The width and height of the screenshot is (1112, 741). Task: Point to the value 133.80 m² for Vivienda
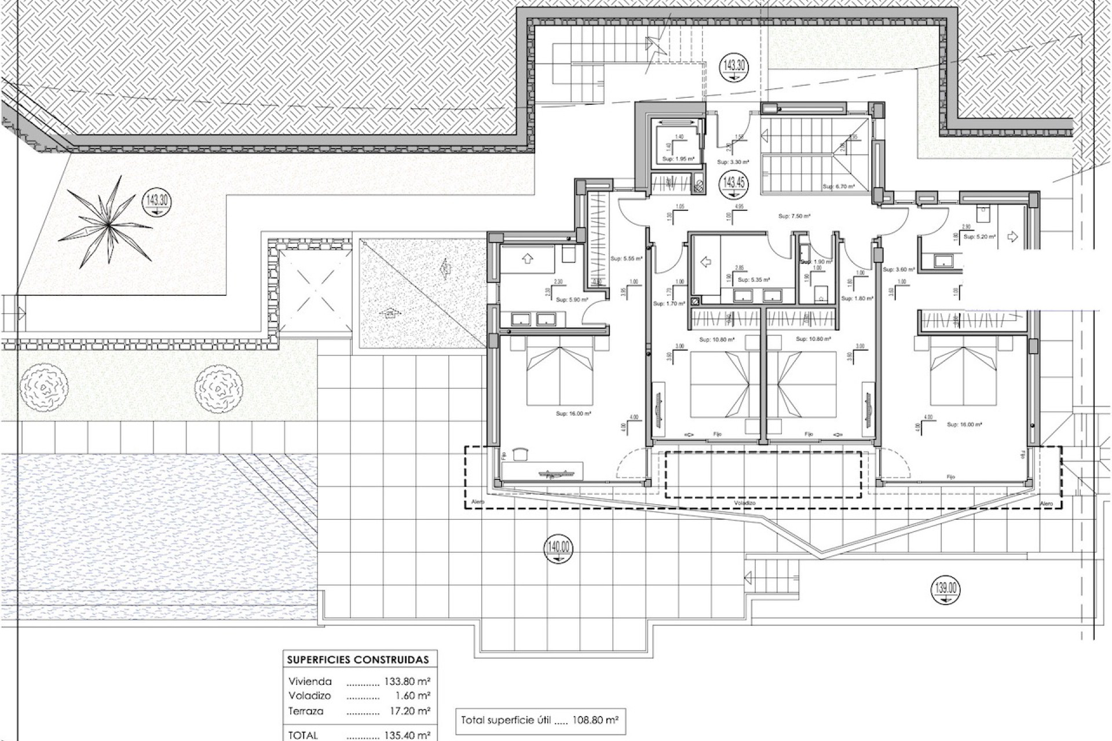[x=407, y=682]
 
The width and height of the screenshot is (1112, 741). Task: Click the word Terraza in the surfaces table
[x=306, y=711]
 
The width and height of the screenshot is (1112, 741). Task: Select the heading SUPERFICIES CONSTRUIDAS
[x=358, y=659]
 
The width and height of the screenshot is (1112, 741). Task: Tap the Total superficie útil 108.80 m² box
[x=540, y=721]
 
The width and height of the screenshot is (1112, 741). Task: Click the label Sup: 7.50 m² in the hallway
[x=794, y=216]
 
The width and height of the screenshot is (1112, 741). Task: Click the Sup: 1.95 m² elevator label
[x=679, y=159]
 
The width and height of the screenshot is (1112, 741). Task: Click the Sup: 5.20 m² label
[x=979, y=236]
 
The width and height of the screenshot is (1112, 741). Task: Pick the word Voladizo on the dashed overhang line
[x=745, y=504]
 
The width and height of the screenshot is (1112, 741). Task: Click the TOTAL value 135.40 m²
[x=407, y=735]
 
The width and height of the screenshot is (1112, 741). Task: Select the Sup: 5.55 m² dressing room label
[x=627, y=259]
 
